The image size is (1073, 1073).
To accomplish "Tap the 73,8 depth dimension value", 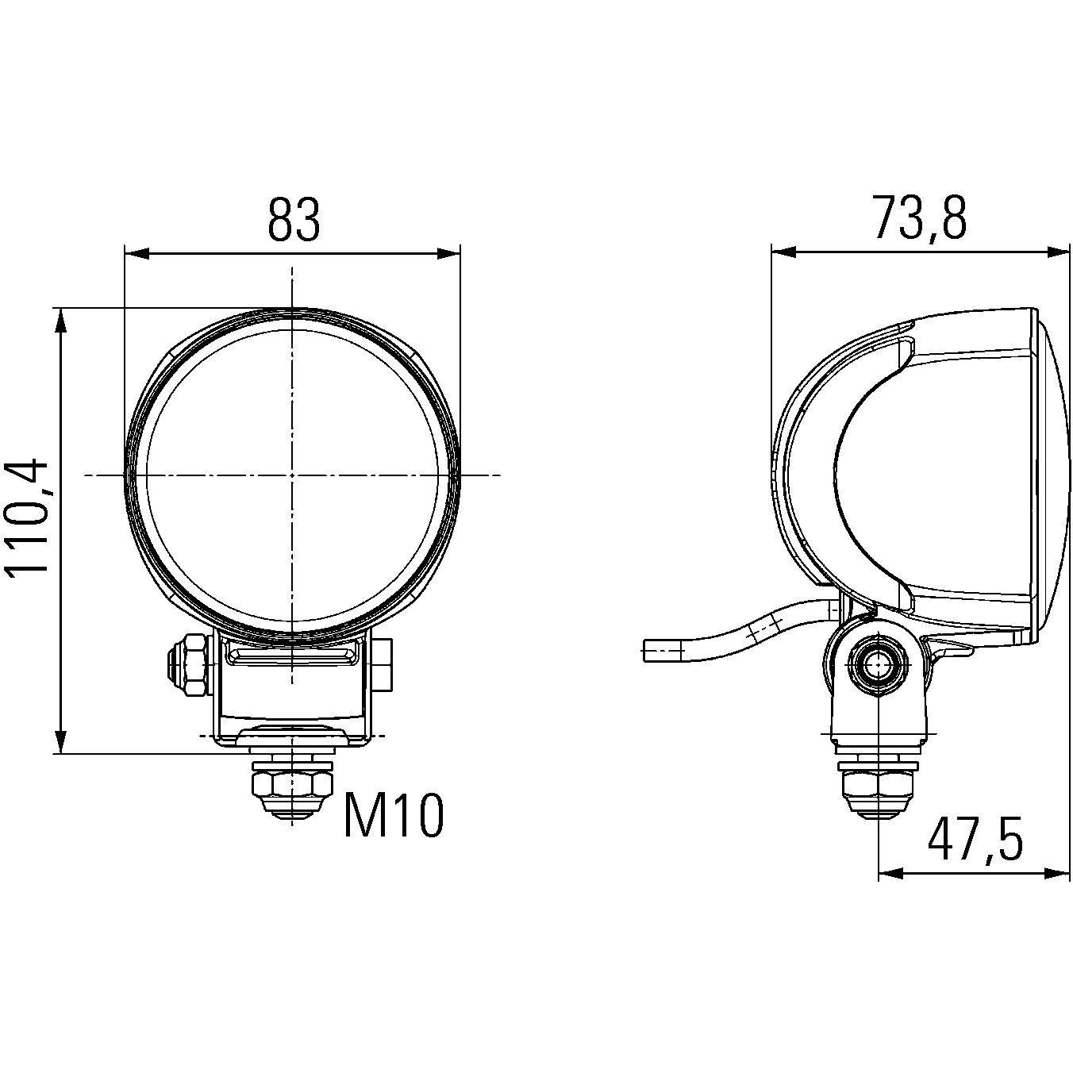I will tap(920, 218).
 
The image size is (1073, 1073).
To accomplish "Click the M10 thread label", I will tap(394, 817).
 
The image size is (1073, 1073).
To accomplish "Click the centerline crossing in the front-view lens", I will tap(292, 475).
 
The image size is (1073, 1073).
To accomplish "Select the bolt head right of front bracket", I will tap(383, 663).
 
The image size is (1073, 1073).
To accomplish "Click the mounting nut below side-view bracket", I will tap(878, 788).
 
